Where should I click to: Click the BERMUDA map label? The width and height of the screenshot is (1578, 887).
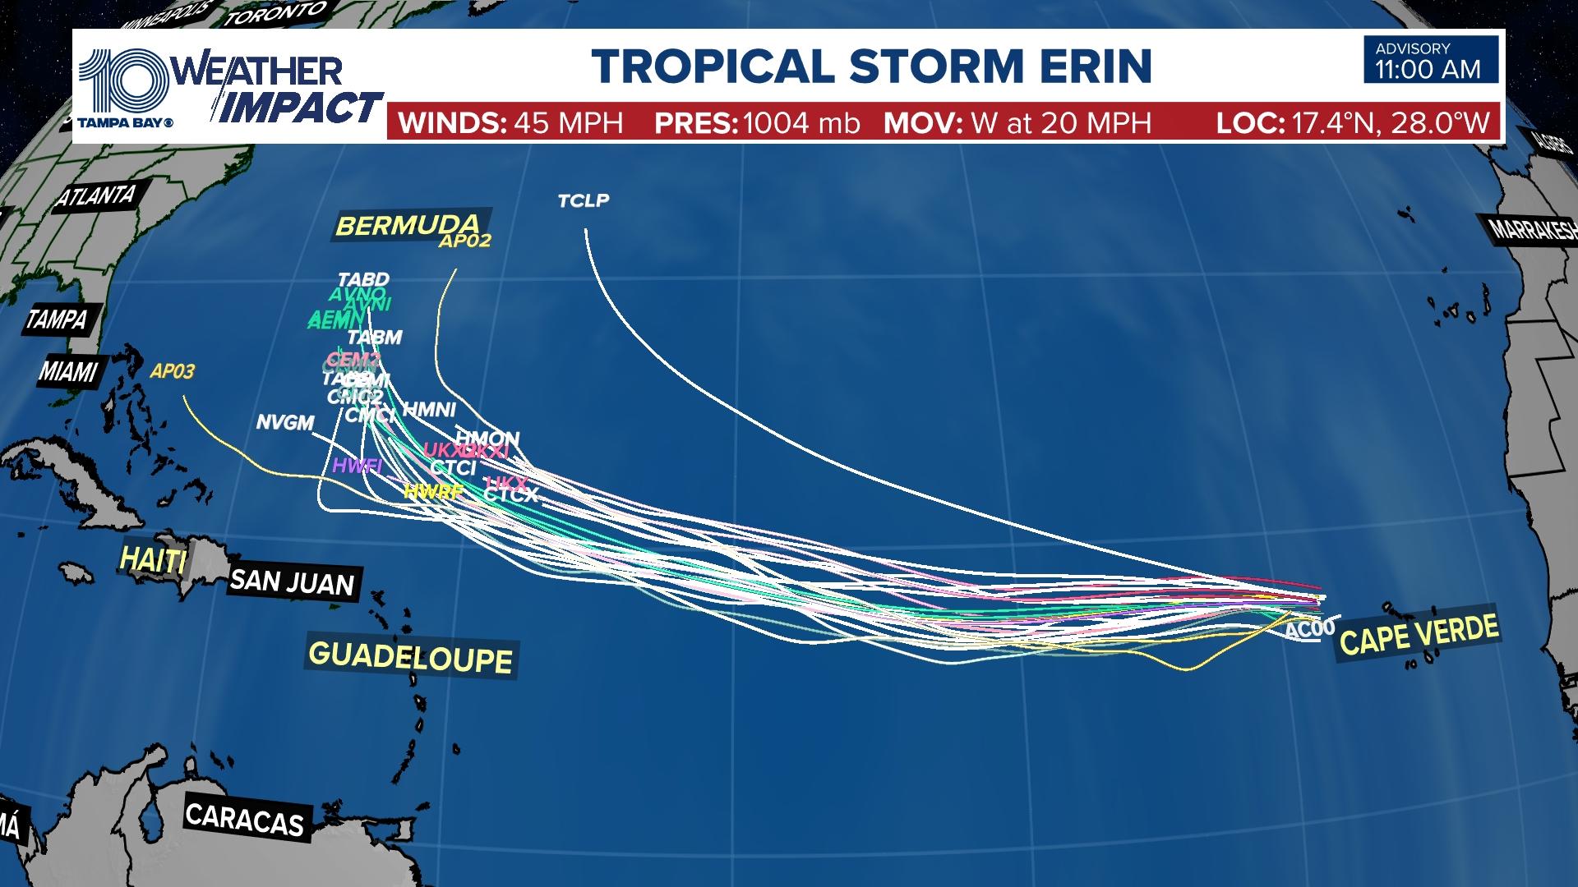coord(408,224)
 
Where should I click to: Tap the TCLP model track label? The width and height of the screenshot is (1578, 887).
coord(584,200)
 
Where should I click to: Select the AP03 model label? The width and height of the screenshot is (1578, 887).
coord(173,371)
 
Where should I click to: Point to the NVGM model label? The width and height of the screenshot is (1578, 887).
coord(285,422)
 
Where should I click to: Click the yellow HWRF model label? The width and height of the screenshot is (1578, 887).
coord(434,492)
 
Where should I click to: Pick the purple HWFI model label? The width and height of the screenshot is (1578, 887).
coord(358,466)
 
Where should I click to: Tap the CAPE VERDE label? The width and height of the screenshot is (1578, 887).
coord(1419,635)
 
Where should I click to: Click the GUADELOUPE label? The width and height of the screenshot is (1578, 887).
coord(410,657)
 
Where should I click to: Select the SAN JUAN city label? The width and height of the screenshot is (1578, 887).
coord(292,582)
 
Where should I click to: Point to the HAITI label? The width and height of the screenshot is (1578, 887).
coord(153,560)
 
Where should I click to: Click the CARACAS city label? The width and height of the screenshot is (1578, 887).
coord(244,819)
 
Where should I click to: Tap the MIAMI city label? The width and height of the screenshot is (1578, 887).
coord(68,372)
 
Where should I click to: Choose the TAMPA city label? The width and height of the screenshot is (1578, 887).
coord(56,318)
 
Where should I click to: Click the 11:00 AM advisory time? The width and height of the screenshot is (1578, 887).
coord(1428,70)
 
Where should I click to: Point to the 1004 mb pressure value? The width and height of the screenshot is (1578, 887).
coord(801,123)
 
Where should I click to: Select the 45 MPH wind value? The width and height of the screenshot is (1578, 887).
coord(568,123)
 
